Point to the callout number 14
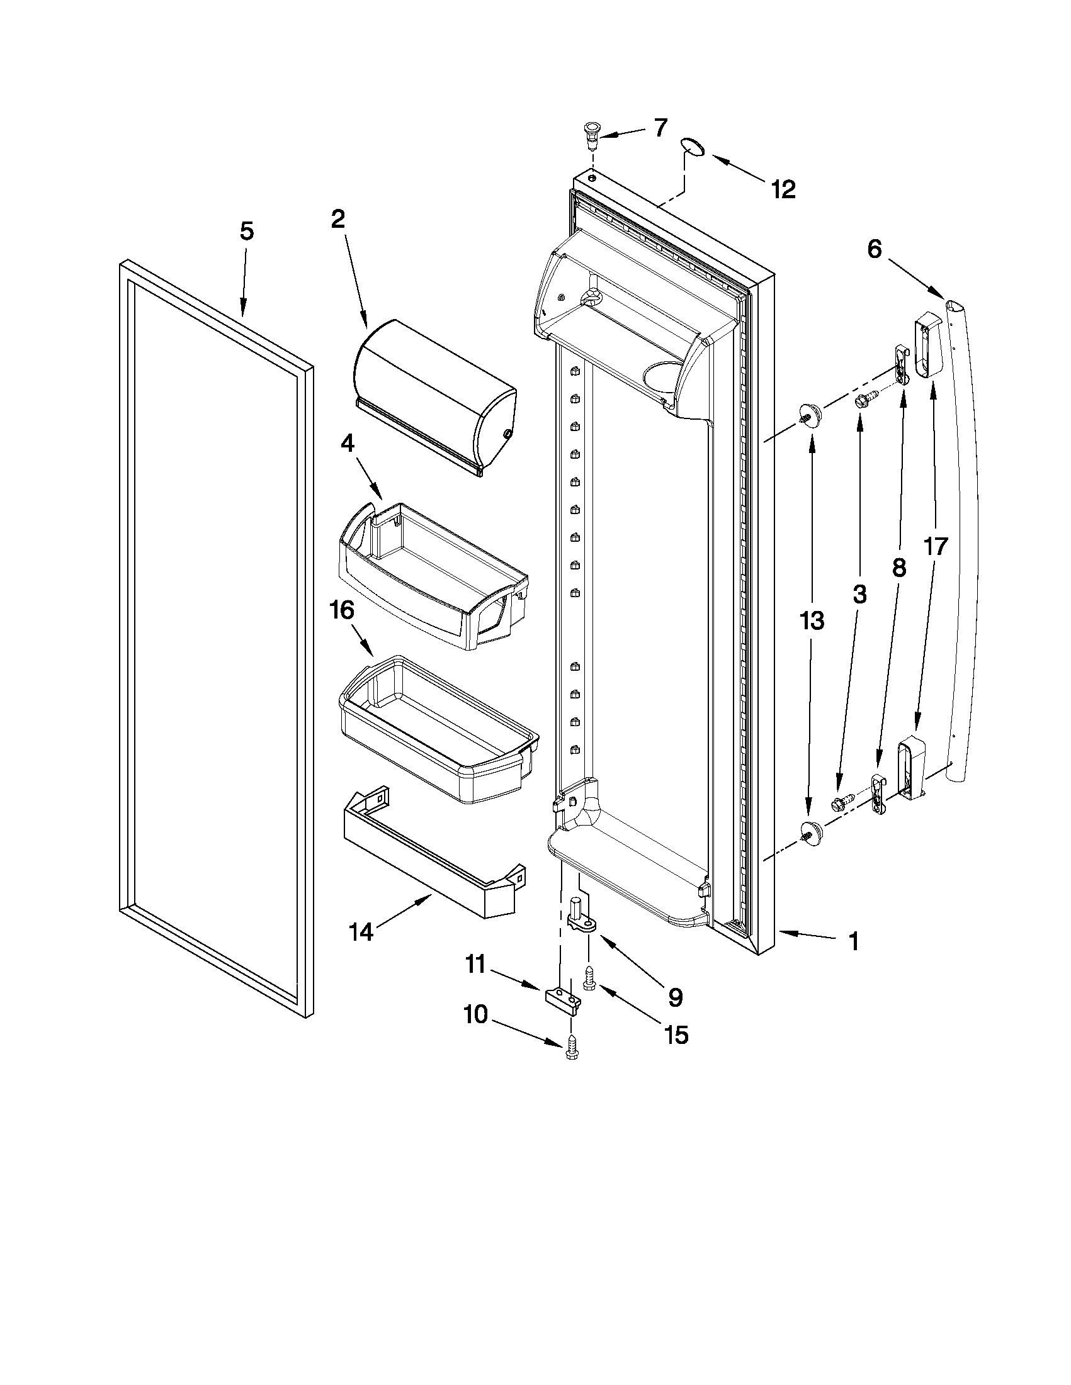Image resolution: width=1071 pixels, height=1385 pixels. (x=361, y=933)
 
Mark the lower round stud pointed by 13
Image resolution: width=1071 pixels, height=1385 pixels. (x=810, y=829)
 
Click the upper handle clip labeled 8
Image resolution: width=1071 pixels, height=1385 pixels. (x=901, y=364)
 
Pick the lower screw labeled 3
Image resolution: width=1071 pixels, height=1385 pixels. (x=841, y=803)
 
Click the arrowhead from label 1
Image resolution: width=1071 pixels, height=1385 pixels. (x=781, y=931)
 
